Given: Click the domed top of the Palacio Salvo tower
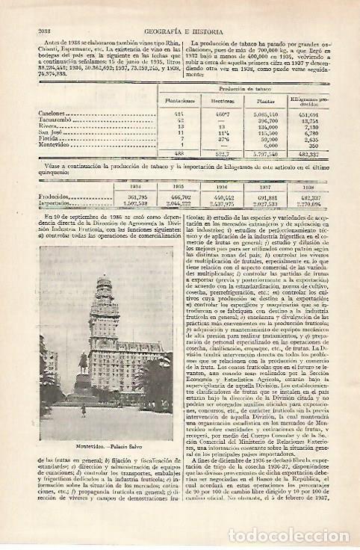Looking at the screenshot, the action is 102,287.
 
